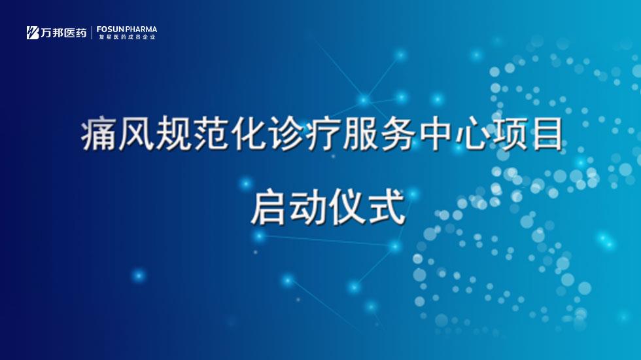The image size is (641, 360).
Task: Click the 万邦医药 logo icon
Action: click(x=33, y=32)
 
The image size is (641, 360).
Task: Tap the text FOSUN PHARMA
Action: click(x=127, y=29)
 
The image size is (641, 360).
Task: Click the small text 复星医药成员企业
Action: click(x=127, y=37)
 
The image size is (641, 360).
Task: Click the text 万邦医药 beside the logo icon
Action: click(x=64, y=33)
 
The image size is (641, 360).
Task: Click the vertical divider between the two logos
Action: click(x=92, y=33)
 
